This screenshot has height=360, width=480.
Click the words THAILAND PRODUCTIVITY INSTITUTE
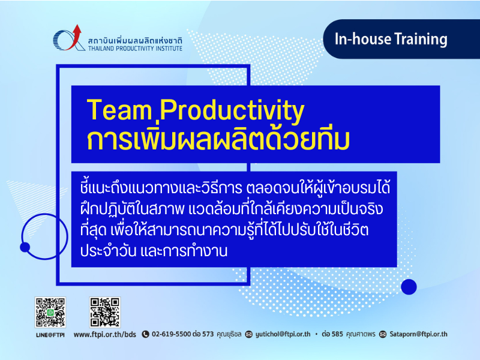tap(135, 49)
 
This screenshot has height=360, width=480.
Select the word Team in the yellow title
tap(119, 110)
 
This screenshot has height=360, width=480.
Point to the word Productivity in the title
tap(232, 112)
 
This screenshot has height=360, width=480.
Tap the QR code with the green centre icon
tap(50, 312)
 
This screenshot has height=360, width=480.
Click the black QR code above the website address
tap(104, 312)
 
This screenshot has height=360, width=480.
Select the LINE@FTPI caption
tap(50, 335)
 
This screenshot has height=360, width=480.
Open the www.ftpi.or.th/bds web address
tap(104, 334)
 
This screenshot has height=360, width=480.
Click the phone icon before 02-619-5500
tap(145, 334)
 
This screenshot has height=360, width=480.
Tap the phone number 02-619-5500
tap(172, 334)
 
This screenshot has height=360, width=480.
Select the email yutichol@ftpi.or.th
tap(283, 334)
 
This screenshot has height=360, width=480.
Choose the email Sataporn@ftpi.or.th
tap(418, 334)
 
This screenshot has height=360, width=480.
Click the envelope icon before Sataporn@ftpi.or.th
tap(383, 334)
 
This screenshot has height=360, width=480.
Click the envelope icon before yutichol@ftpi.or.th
tap(249, 334)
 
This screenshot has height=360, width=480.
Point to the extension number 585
tap(337, 334)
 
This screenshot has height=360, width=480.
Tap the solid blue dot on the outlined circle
tap(25, 247)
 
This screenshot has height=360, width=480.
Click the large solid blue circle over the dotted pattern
tap(409, 287)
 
